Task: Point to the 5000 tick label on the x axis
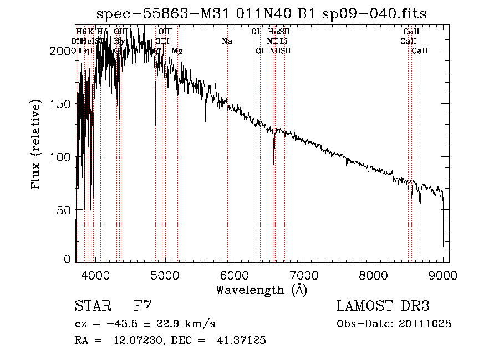pyautogui.click(x=165, y=275)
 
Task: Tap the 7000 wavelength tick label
pyautogui.click(x=304, y=275)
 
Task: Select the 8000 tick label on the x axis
pyautogui.click(x=374, y=275)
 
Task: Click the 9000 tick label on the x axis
pyautogui.click(x=443, y=275)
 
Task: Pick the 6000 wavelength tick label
pyautogui.click(x=234, y=275)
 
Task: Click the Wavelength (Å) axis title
pyautogui.click(x=261, y=290)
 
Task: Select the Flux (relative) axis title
pyautogui.click(x=37, y=145)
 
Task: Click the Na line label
pyautogui.click(x=226, y=41)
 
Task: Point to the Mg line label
pyautogui.click(x=177, y=51)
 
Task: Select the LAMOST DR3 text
pyautogui.click(x=383, y=306)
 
